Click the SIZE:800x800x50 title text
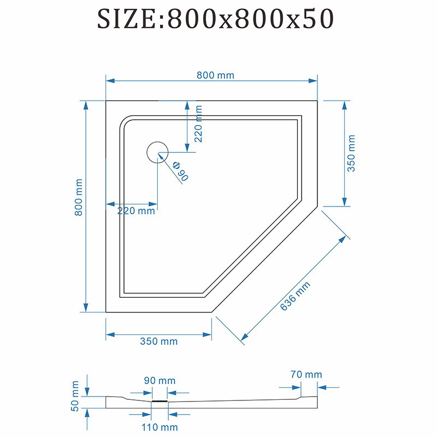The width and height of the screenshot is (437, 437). [x=215, y=19]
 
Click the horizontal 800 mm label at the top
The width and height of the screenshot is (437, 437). [x=215, y=75]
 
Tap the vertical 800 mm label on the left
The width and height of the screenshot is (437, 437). [x=79, y=197]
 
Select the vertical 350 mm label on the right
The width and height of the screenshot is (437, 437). [x=351, y=153]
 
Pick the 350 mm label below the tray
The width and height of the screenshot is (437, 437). [x=159, y=341]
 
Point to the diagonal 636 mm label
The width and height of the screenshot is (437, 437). [x=295, y=296]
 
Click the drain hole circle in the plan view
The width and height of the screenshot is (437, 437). [x=157, y=152]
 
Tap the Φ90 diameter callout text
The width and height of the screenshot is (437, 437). [x=180, y=171]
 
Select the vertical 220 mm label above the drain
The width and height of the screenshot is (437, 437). [x=198, y=124]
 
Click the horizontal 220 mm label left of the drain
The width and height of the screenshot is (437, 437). [x=136, y=211]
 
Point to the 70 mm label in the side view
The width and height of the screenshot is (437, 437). [x=306, y=374]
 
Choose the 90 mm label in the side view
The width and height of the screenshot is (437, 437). [x=160, y=380]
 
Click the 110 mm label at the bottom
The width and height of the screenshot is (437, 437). [x=160, y=427]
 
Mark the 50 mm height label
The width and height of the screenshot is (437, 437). [x=75, y=396]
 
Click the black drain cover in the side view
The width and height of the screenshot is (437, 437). [x=160, y=401]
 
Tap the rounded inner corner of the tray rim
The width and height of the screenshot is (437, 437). [x=125, y=121]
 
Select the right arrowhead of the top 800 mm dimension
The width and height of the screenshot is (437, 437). [x=313, y=81]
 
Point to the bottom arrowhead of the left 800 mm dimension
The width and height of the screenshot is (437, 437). [x=86, y=308]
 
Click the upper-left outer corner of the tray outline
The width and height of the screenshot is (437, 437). [x=106, y=101]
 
